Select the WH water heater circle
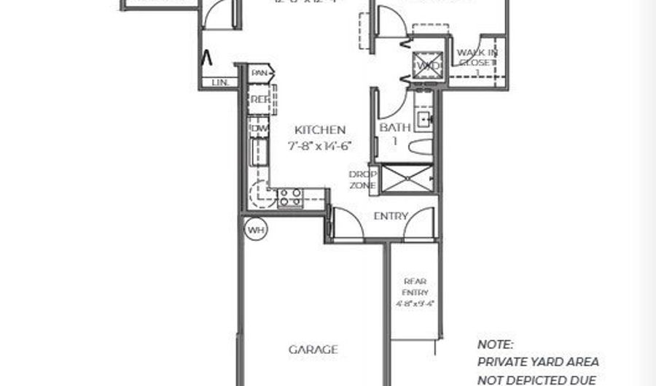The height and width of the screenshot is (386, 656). pos(255,230)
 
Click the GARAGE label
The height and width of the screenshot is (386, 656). pos(313,350)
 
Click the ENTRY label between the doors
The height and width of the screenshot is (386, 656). pos(390,217)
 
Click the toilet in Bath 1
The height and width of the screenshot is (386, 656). pos(421,147)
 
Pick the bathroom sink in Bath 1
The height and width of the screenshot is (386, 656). pos(423,118)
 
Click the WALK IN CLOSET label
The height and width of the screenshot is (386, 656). pos(477,58)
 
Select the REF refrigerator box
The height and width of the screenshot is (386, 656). pos(259,99)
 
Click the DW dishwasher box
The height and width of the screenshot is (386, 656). pos(258,128)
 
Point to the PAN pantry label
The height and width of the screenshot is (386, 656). pos(259,73)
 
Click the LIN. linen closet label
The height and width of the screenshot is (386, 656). pos(219,83)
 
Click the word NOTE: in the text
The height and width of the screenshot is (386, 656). pos(496,344)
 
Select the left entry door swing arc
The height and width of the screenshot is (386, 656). pos(348,223)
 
